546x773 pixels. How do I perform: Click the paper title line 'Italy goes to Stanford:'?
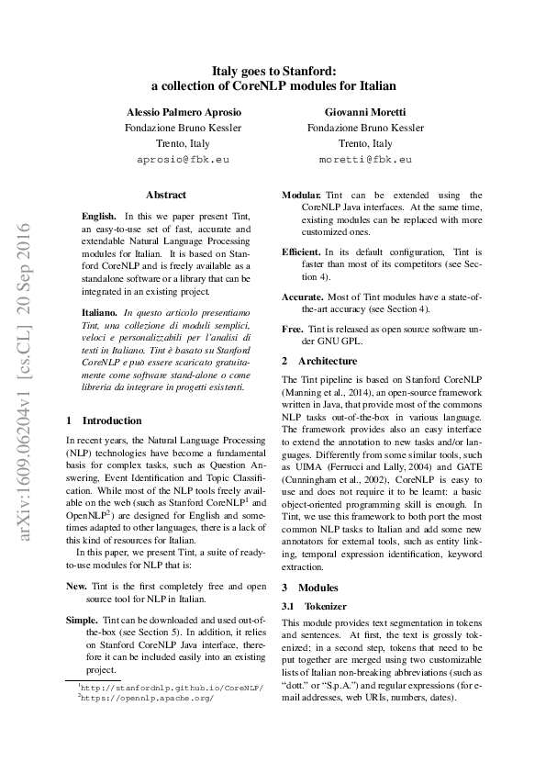(273, 69)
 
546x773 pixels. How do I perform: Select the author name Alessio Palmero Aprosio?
(184, 111)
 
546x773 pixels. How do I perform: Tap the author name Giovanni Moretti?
(365, 111)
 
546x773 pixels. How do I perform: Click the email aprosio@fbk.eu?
(183, 159)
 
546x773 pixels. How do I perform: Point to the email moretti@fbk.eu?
(365, 159)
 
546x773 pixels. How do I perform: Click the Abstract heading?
(165, 195)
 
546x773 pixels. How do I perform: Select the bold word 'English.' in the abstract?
(99, 214)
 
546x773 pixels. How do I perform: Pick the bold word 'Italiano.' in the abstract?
(100, 314)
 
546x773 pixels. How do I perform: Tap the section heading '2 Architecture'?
(319, 361)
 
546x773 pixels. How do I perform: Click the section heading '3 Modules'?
(310, 587)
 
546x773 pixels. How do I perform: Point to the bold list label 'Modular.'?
(301, 196)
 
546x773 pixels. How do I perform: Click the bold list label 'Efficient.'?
(301, 251)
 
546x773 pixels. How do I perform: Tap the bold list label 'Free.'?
(292, 329)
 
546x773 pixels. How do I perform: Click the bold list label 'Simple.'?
(82, 620)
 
